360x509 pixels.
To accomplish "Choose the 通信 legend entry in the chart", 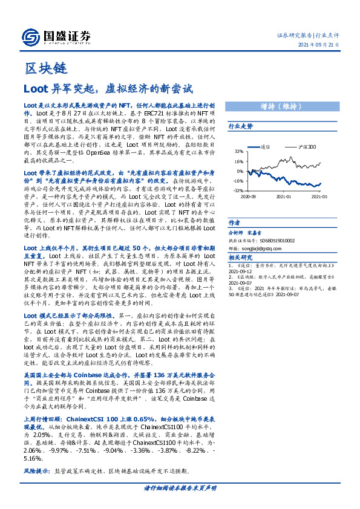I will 267,147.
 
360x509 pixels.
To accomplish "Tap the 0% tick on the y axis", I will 240,171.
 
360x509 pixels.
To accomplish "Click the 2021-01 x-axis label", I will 284,196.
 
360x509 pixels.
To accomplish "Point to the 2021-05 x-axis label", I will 319,196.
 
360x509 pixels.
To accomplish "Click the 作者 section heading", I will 234,222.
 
